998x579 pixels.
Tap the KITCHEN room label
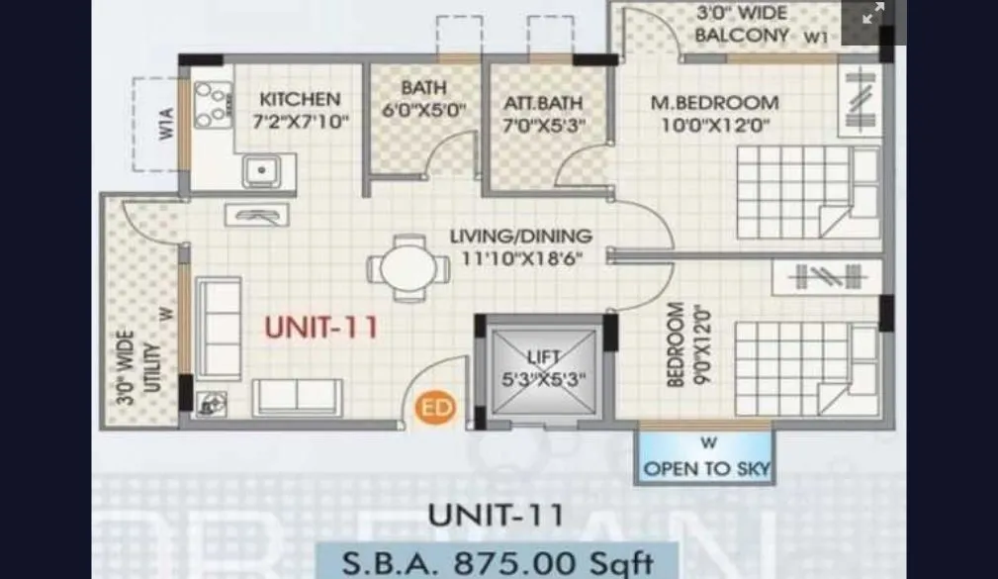click(299, 99)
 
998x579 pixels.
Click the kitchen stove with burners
click(212, 104)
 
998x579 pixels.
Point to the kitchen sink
click(261, 169)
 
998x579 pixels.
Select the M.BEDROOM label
click(713, 102)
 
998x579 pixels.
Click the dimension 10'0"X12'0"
click(715, 125)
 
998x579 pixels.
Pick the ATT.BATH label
click(542, 103)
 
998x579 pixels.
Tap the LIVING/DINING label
click(520, 237)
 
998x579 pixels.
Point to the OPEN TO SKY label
click(707, 468)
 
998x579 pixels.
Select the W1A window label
click(168, 130)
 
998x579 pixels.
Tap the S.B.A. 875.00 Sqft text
click(498, 562)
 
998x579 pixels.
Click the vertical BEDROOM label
click(677, 344)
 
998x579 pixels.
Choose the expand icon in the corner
click(873, 14)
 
